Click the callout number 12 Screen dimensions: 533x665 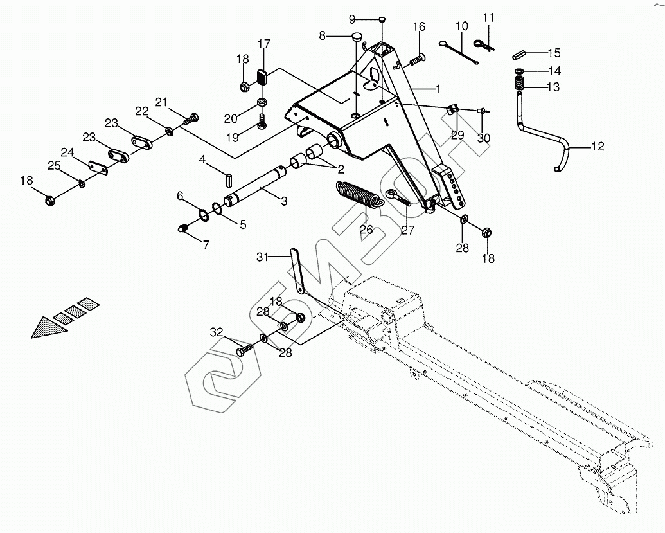(x=598, y=147)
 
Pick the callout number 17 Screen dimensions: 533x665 (x=264, y=44)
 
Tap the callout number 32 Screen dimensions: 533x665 (x=217, y=332)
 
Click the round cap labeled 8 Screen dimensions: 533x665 (x=358, y=37)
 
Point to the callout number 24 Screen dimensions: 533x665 (x=67, y=152)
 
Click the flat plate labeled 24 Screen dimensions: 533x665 (x=98, y=167)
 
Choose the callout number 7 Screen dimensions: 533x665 (x=206, y=245)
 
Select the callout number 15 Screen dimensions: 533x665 (x=553, y=53)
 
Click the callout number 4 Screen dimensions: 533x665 (x=202, y=159)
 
